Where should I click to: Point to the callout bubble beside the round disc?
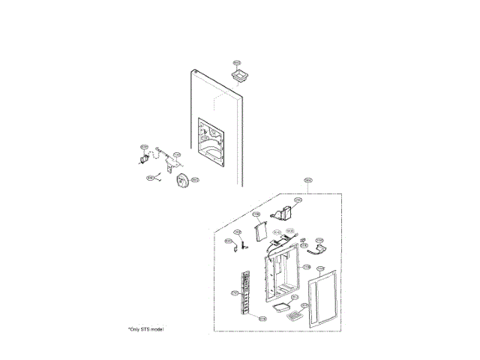click(x=194, y=180)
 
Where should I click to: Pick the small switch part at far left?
click(x=142, y=157)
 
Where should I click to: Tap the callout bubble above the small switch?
click(x=144, y=147)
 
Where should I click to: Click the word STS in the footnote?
click(x=145, y=329)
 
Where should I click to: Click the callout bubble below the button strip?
click(x=262, y=319)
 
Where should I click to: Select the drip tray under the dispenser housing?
click(x=282, y=306)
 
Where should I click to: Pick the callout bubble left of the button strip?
click(x=235, y=292)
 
